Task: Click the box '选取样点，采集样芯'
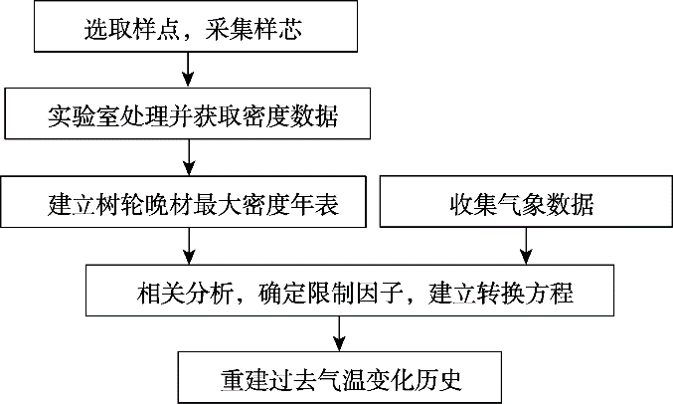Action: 196,26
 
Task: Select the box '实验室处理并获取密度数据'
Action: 188,113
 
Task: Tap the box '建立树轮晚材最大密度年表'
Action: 183,202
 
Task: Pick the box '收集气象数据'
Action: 526,201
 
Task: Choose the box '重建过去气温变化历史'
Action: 340,377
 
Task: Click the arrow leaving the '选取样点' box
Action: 188,70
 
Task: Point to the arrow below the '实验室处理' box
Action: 189,157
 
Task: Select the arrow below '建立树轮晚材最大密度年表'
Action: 189,246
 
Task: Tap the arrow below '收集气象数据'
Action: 526,246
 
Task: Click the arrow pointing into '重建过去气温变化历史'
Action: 340,333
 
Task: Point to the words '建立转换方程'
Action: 500,293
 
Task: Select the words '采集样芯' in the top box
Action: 253,29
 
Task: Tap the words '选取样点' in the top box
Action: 132,29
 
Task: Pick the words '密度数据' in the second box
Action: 290,115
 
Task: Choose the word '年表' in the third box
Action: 314,204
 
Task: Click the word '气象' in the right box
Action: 522,204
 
